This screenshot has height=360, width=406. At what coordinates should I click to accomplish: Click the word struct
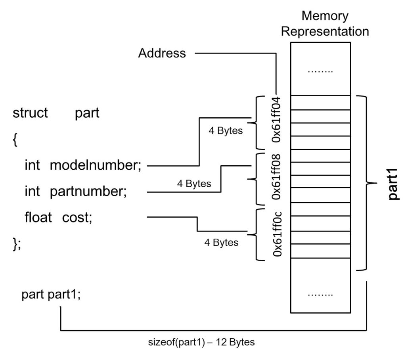pos(31,113)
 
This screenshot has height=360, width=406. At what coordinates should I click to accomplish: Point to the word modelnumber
pos(95,165)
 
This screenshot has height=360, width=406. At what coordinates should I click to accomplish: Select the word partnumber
pos(88,191)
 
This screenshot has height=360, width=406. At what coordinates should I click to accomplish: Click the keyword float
pos(38,218)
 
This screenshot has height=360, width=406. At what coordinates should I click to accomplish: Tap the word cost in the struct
pos(77,218)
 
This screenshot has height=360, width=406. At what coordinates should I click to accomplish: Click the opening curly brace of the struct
pos(15,140)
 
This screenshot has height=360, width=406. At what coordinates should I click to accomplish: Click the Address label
pos(162,53)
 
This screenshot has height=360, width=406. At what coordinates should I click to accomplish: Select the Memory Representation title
pos(325,24)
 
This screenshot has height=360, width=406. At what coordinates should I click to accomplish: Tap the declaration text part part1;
pos(51,295)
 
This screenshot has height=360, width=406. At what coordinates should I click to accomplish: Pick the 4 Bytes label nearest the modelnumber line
pos(226,130)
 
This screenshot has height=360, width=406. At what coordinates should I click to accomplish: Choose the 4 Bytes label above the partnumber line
pos(194,184)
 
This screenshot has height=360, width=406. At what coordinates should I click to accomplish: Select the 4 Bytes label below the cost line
pos(221,242)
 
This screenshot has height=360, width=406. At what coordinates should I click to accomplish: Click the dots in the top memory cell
pos(320,72)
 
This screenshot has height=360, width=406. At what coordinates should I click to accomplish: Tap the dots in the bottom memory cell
pos(320,295)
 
